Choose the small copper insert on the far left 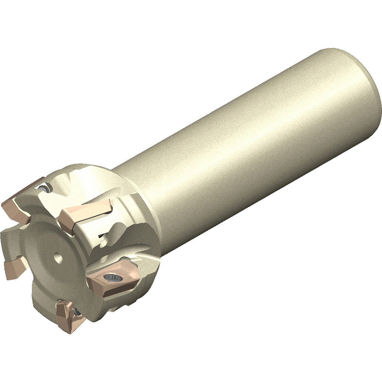14,266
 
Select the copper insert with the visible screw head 111,281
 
